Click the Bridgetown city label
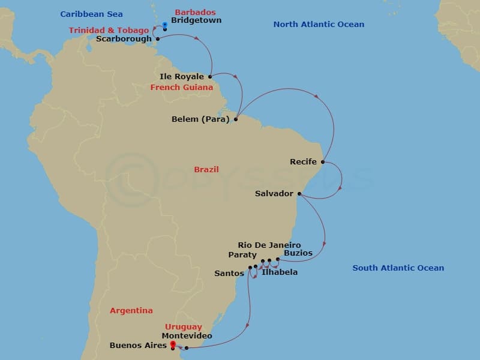click(196, 20)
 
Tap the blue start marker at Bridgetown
click(165, 25)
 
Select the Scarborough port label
click(124, 39)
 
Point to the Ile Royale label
click(182, 77)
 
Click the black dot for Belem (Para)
click(236, 119)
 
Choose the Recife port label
click(303, 162)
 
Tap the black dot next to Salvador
click(299, 194)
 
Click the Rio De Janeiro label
click(269, 245)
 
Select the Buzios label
click(298, 253)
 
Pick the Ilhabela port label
click(280, 272)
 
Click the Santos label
click(229, 274)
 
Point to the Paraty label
click(242, 254)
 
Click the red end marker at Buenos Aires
click(173, 344)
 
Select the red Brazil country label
click(206, 170)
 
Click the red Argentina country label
click(131, 311)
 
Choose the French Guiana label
click(182, 88)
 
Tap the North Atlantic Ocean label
click(319, 25)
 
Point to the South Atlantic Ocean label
click(398, 268)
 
